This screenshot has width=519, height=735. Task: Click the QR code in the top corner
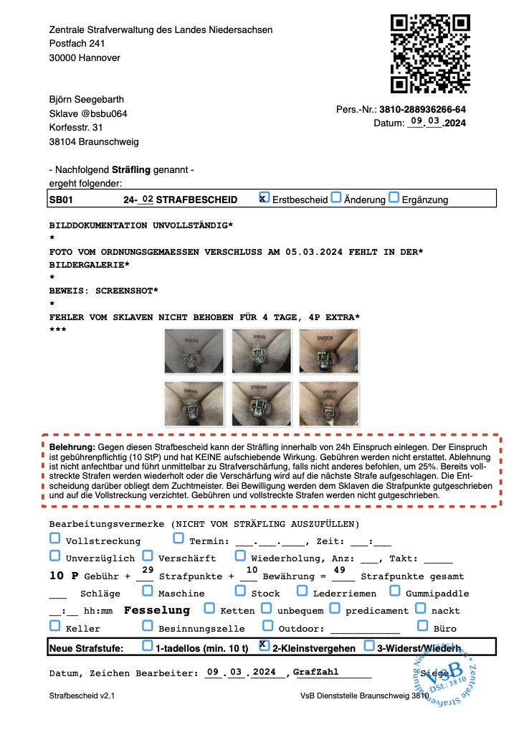tap(430, 54)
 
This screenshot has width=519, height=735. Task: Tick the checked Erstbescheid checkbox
tap(264, 197)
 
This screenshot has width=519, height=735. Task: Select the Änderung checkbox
tap(336, 197)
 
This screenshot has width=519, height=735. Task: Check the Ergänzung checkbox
tap(394, 197)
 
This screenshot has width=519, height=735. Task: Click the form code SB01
tap(61, 200)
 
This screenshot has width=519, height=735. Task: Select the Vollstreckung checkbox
tap(55, 538)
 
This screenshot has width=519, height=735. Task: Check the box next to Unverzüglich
tap(55, 555)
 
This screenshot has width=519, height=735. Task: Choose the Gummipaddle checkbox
tap(394, 591)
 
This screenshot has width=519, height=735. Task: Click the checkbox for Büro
tap(423, 626)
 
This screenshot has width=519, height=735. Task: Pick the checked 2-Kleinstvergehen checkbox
tap(264, 645)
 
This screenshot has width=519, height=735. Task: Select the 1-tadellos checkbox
tap(148, 645)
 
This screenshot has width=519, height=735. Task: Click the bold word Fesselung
tap(157, 610)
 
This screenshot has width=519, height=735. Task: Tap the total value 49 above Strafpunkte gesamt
tap(341, 570)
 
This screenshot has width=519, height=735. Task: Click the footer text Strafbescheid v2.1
tap(82, 696)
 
